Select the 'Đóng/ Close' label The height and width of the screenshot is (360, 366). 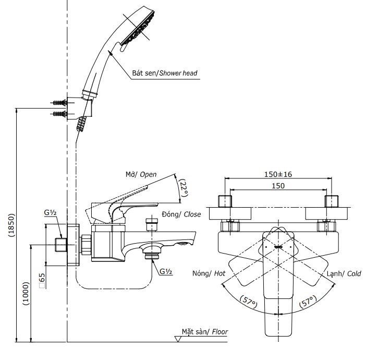click(181, 214)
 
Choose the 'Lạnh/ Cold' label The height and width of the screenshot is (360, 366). click(344, 273)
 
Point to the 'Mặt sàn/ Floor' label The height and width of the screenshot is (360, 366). click(205, 331)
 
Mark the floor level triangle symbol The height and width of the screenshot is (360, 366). click(178, 338)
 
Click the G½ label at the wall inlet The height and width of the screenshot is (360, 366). click(51, 213)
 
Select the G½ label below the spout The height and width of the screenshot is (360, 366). click(166, 271)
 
